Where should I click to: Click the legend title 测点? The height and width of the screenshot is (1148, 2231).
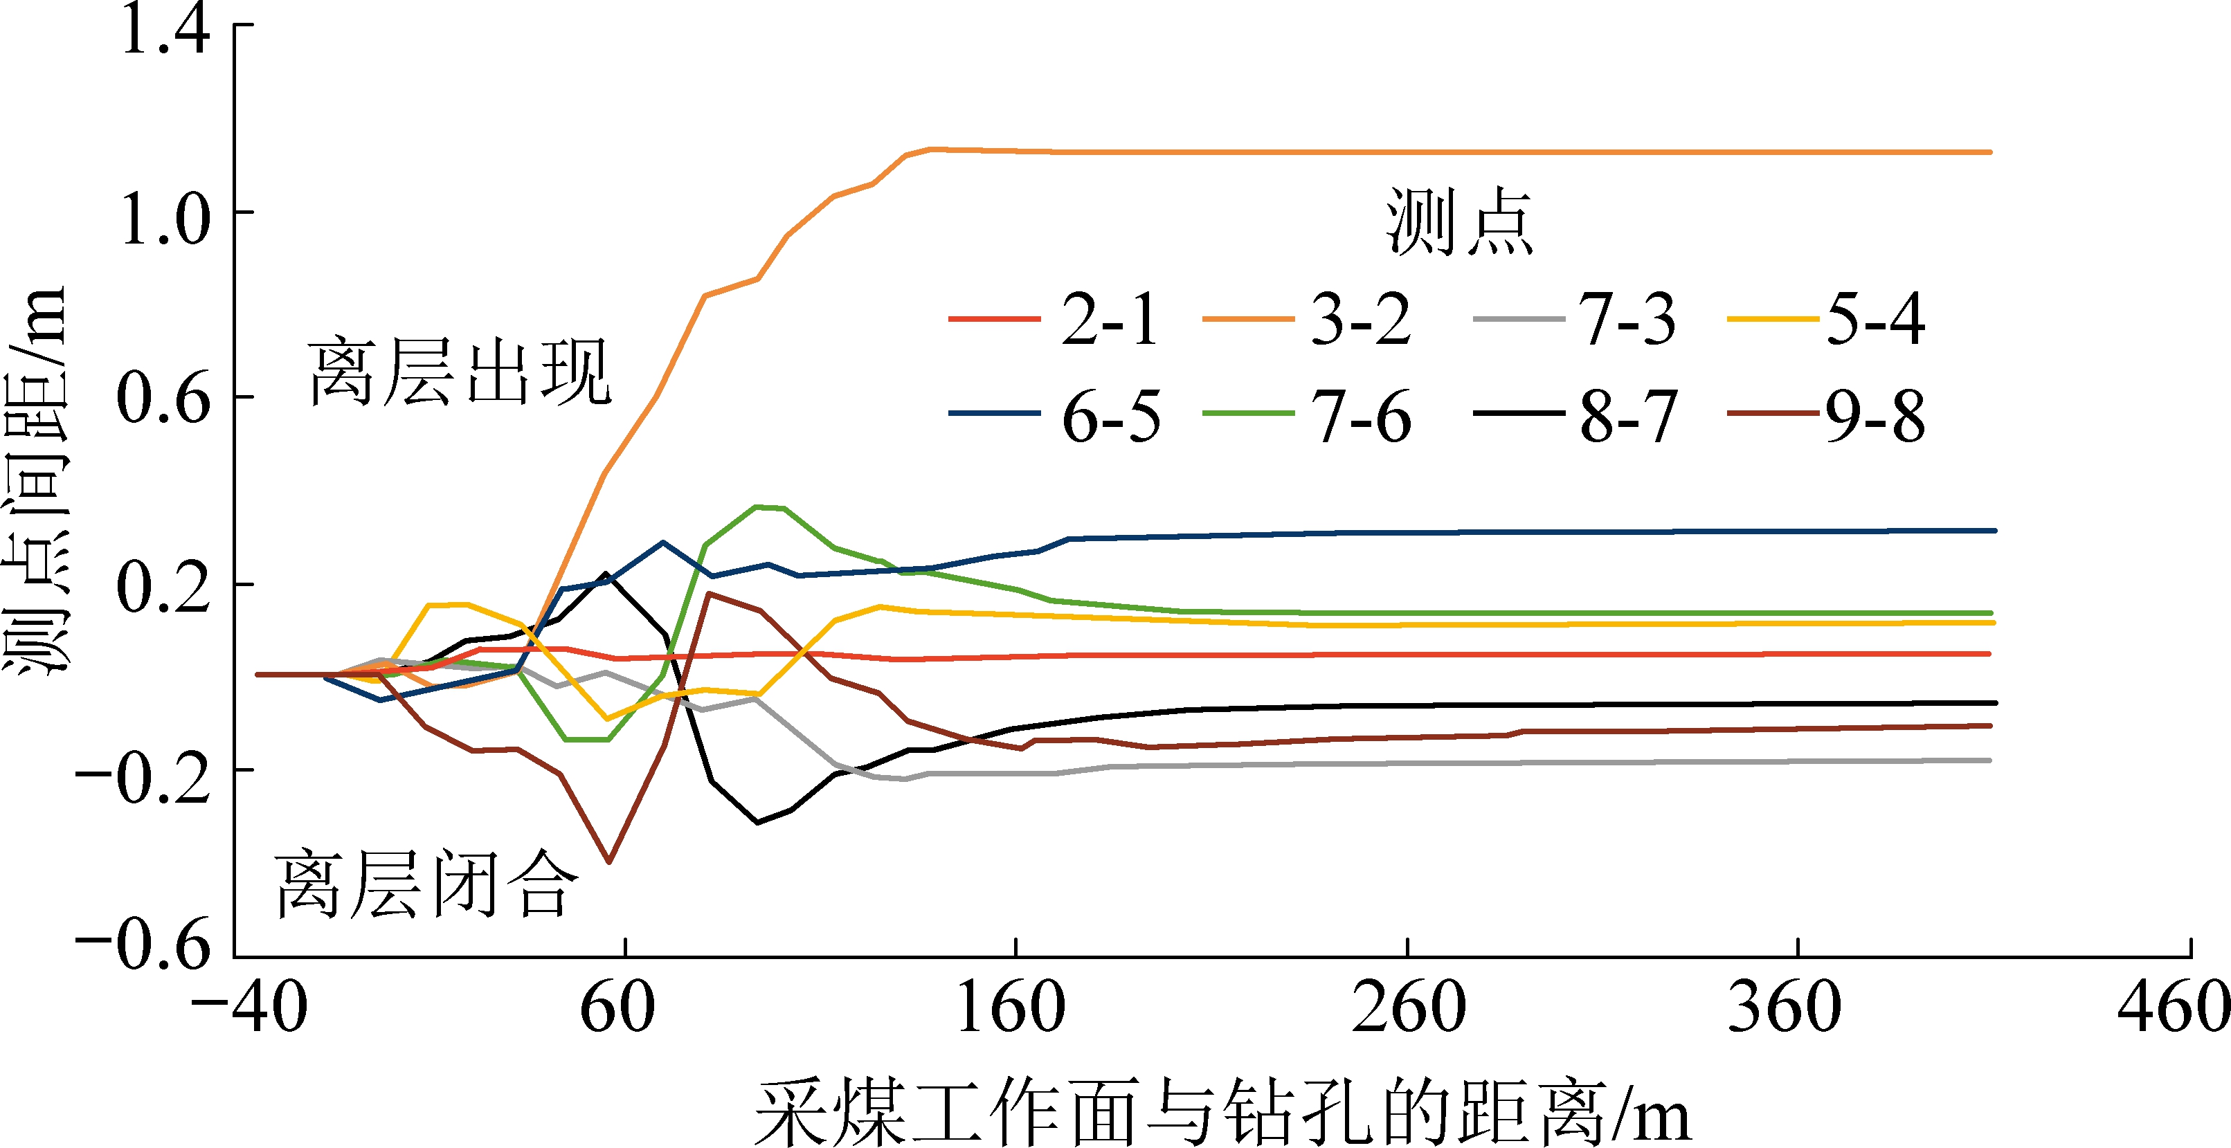[x=1460, y=223]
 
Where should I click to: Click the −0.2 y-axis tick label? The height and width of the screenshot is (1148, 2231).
[x=143, y=776]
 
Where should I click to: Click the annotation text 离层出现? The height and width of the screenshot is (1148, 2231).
[x=460, y=373]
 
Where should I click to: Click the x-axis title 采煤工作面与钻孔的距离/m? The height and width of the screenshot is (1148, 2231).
[x=1221, y=1113]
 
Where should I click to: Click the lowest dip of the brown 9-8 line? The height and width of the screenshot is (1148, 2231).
[x=610, y=862]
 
